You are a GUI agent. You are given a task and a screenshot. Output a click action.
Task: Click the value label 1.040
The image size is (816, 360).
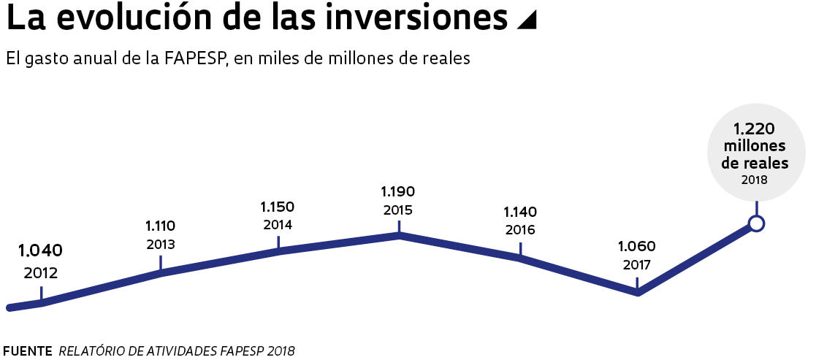41,251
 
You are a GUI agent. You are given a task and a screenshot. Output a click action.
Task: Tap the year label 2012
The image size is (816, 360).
41,275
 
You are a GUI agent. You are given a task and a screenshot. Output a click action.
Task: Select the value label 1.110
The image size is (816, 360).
160,226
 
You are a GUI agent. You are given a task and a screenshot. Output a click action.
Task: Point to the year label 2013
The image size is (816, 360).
160,245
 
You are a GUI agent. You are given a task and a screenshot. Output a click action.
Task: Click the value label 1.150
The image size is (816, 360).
278,207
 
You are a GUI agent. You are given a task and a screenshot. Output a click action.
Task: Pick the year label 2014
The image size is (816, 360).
278,225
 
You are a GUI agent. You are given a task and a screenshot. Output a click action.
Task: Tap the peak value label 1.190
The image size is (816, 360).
398,192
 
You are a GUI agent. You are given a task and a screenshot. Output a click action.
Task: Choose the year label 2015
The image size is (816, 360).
398,210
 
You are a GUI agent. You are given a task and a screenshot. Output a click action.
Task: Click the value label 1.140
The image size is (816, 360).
520,212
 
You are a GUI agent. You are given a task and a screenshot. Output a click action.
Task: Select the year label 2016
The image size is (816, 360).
520,230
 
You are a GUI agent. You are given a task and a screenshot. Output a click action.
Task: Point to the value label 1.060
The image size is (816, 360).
637,246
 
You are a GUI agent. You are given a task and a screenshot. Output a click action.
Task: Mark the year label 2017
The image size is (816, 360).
637,264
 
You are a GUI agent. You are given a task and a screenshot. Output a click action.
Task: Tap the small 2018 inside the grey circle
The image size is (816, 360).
755,180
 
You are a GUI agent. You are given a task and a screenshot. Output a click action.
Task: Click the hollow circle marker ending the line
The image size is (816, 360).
757,223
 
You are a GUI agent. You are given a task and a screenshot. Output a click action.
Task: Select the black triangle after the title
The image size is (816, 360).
526,21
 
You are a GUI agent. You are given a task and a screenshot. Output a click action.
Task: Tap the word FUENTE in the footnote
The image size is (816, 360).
28,351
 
